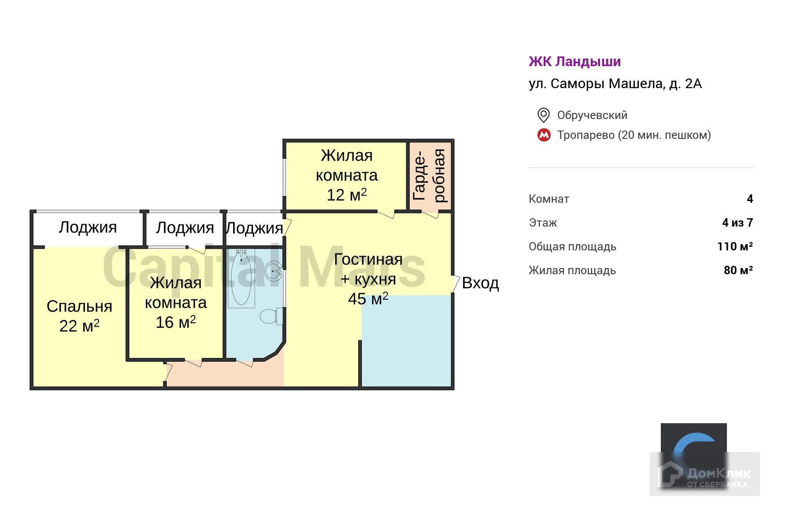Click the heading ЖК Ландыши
(x=574, y=62)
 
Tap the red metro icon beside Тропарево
(x=544, y=135)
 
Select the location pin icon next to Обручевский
(x=544, y=115)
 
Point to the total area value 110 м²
(x=735, y=246)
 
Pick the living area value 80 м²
(x=738, y=270)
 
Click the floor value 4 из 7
(x=737, y=223)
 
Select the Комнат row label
(x=549, y=199)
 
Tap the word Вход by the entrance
(x=480, y=283)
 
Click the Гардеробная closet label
(x=430, y=175)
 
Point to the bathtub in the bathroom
(x=241, y=278)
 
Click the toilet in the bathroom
(x=269, y=316)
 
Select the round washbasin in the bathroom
(x=274, y=270)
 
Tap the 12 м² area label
(x=347, y=195)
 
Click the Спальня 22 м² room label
(x=79, y=316)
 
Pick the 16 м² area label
(x=175, y=322)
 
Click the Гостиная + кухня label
(x=368, y=269)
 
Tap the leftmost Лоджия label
(x=88, y=227)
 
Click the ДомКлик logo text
(x=718, y=474)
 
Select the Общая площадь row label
(x=572, y=246)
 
